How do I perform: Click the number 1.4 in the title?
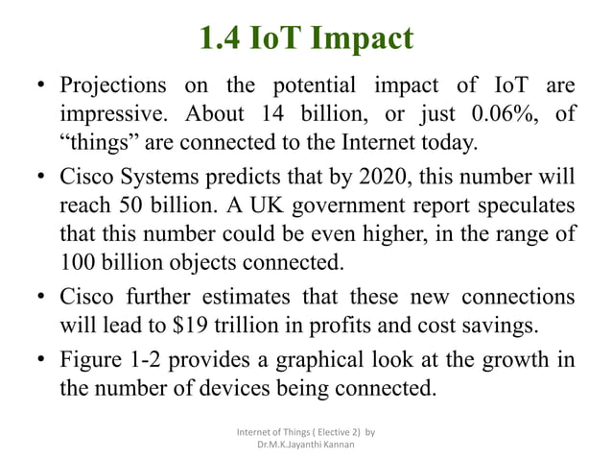221,37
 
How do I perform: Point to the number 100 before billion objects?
78,260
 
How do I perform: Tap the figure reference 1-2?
156,360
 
